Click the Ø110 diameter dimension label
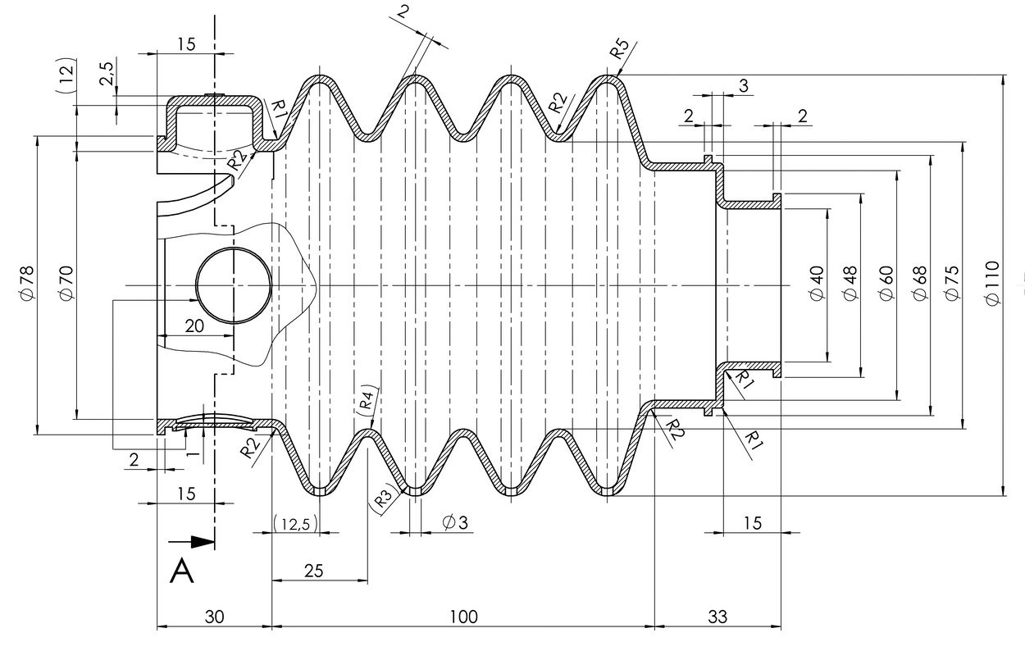coord(993,284)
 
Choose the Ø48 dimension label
coord(850,284)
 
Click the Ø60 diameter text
coord(886,284)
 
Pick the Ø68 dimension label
coord(920,284)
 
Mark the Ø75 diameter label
coord(952,284)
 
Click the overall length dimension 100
coord(463,617)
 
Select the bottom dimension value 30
coord(213,617)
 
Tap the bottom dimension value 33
coord(717,617)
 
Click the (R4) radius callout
coord(367,399)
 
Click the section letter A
coord(181,571)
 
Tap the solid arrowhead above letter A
coord(202,542)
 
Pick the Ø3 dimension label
coord(454,522)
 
